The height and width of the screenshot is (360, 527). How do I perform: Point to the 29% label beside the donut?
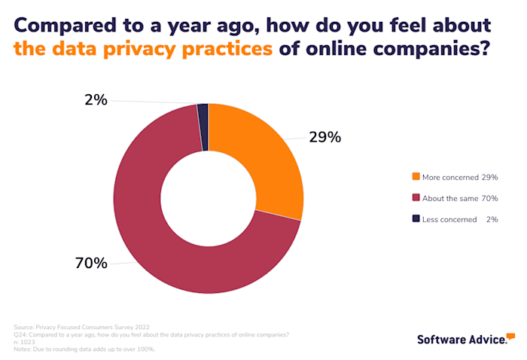(x=324, y=137)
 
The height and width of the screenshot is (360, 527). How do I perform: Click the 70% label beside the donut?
(x=91, y=263)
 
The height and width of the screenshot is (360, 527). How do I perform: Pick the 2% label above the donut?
(x=96, y=99)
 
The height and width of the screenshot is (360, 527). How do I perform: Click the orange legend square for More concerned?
(x=416, y=177)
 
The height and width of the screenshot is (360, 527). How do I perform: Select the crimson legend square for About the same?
(x=416, y=198)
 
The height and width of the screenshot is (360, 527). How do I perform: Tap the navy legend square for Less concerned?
(x=416, y=219)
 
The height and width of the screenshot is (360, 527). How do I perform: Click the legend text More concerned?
(x=450, y=177)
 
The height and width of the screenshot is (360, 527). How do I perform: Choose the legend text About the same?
(x=450, y=198)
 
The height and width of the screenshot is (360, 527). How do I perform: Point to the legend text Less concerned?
(x=449, y=219)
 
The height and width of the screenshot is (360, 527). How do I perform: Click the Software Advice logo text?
(x=462, y=340)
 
